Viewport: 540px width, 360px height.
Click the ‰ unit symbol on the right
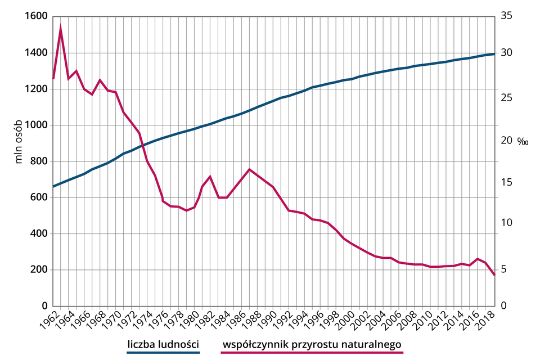(x=523, y=141)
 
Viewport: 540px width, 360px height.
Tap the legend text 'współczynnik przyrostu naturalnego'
(x=313, y=344)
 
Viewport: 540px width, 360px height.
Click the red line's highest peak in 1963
(x=61, y=26)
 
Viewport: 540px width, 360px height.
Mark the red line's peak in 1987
(x=249, y=169)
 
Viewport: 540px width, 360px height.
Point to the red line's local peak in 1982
(x=210, y=177)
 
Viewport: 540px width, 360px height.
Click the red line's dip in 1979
(x=186, y=211)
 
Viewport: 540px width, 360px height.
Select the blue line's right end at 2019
(x=494, y=54)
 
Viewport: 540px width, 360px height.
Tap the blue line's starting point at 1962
(x=53, y=186)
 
